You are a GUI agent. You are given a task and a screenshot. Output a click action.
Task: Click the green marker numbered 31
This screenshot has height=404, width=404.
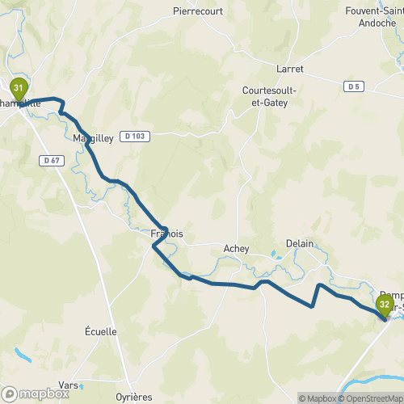tap(18, 88)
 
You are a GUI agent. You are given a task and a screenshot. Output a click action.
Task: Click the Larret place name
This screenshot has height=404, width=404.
tap(288, 69)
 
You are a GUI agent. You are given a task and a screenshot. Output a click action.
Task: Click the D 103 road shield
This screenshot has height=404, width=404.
tap(135, 137)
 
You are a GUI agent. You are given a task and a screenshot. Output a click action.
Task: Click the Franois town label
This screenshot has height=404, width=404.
tap(167, 234)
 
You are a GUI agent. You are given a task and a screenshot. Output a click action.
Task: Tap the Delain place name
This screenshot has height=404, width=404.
tap(299, 243)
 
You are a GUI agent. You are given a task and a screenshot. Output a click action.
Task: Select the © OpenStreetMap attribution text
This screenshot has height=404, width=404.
tap(372, 398)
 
